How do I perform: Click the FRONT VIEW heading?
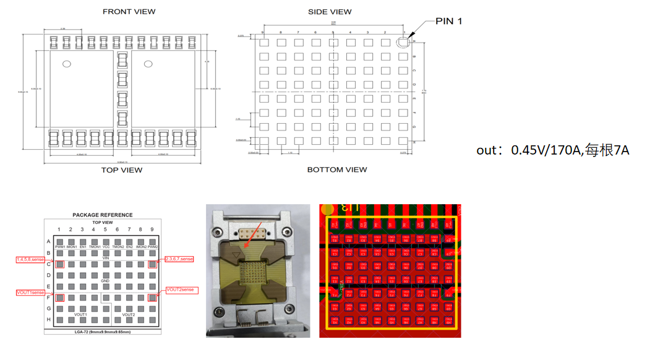click(129, 12)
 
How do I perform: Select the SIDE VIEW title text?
click(330, 12)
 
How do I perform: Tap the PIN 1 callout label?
click(448, 22)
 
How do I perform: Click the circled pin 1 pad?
click(403, 42)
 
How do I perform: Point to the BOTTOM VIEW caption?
click(337, 169)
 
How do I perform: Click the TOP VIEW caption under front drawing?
click(122, 170)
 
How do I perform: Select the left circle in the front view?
click(67, 64)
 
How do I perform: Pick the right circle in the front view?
click(148, 64)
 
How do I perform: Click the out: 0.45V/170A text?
click(552, 150)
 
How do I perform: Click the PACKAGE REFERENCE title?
click(103, 215)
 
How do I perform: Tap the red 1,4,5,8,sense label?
click(30, 260)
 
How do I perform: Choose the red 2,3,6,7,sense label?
click(179, 259)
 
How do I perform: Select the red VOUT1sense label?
click(30, 293)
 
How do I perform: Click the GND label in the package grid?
click(106, 281)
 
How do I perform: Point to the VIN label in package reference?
click(106, 258)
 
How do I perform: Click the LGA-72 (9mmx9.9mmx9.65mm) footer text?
click(103, 332)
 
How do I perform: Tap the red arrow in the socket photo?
click(254, 234)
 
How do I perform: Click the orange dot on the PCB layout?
click(328, 209)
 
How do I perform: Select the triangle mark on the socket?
click(236, 254)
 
